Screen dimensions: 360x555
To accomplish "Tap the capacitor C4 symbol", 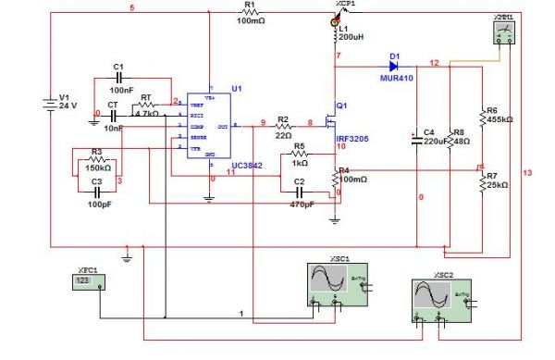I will point(417,140).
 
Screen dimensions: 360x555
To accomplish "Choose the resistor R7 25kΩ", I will point(481,181).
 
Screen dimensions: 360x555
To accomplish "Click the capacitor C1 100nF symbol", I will point(117,79).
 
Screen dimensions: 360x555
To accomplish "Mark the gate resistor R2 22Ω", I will point(284,123).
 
